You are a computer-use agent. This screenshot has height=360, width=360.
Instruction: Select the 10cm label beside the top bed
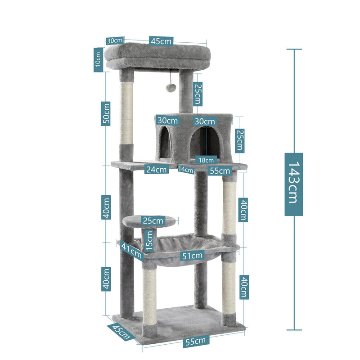click(x=98, y=59)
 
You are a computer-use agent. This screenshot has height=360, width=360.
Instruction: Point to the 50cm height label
click(x=106, y=114)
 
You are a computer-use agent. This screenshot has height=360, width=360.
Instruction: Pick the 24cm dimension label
click(x=156, y=169)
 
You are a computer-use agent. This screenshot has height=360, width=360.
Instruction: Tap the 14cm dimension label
click(x=186, y=170)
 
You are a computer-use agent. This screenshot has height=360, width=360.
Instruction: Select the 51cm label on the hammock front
click(x=193, y=256)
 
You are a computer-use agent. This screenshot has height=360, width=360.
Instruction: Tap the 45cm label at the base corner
click(x=121, y=332)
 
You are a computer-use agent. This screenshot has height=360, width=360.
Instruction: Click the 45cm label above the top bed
click(x=161, y=41)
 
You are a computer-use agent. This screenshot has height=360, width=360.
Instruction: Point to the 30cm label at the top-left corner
click(x=114, y=40)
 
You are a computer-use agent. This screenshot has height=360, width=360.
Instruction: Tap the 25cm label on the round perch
click(x=152, y=220)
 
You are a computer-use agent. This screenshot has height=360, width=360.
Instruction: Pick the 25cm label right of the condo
click(x=240, y=140)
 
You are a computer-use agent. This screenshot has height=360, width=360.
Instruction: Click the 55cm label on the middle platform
click(x=220, y=171)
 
